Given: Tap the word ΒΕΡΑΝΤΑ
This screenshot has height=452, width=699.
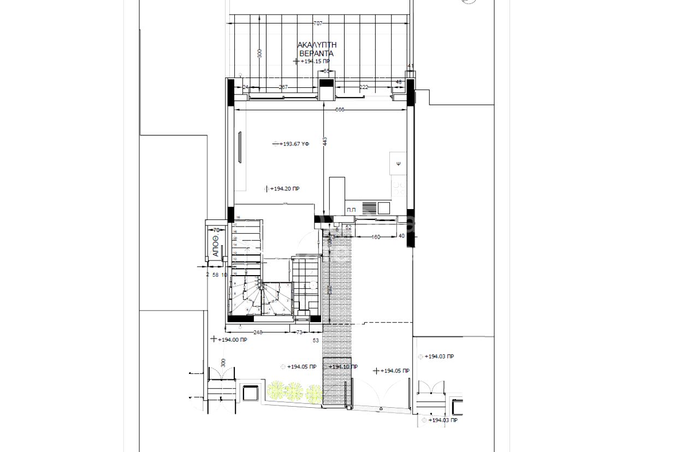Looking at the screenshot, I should pyautogui.click(x=316, y=53).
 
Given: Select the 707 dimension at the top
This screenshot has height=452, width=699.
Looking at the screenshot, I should pyautogui.click(x=318, y=23).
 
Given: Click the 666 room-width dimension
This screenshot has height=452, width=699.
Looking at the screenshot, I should pyautogui.click(x=339, y=110).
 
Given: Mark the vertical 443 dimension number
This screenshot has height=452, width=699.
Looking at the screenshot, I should pyautogui.click(x=324, y=141).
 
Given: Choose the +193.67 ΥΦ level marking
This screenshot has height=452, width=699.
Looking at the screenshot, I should pyautogui.click(x=294, y=144).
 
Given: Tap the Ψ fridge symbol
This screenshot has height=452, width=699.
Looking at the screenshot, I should pyautogui.click(x=399, y=163).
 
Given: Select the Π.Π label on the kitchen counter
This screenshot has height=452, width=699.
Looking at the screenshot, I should pyautogui.click(x=351, y=210).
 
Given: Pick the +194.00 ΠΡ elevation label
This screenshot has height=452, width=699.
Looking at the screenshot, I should pyautogui.click(x=232, y=340).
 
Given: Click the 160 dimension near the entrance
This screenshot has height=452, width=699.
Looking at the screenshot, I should pyautogui.click(x=376, y=237).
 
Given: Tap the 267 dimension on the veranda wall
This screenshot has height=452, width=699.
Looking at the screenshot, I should pyautogui.click(x=283, y=87).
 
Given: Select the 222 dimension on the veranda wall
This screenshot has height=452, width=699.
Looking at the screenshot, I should pyautogui.click(x=363, y=87).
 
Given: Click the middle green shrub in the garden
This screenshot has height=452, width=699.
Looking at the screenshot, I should pyautogui.click(x=295, y=391).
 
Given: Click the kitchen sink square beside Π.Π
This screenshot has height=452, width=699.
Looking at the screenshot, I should pyautogui.click(x=384, y=208).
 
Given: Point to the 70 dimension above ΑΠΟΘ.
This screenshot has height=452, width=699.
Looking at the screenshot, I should pyautogui.click(x=216, y=230).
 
